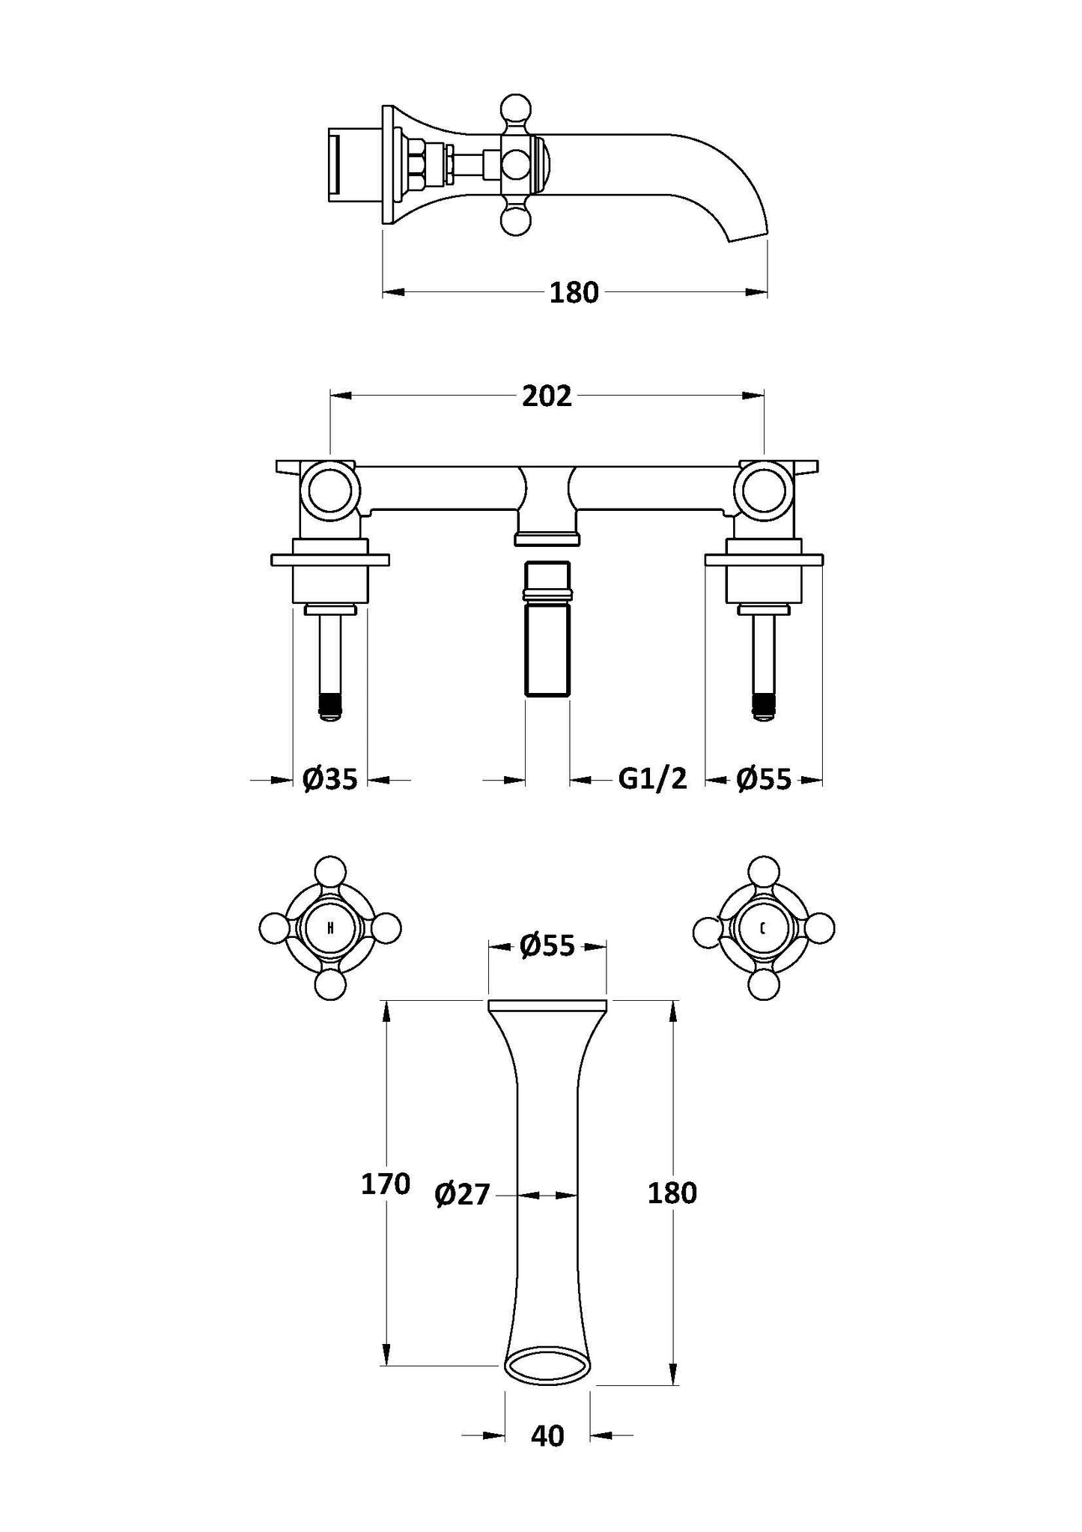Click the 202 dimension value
tap(547, 396)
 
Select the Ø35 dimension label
tap(330, 780)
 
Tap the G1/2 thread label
tap(652, 779)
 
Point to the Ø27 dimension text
tap(461, 1195)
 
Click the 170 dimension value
tap(386, 1184)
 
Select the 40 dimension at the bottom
tap(547, 1437)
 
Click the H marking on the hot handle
tap(329, 929)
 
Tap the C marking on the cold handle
tap(762, 929)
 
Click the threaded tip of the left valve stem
tap(330, 704)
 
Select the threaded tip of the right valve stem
tap(763, 704)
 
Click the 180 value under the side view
tap(574, 293)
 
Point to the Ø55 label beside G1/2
tap(763, 780)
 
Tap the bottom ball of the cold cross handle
tap(764, 984)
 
